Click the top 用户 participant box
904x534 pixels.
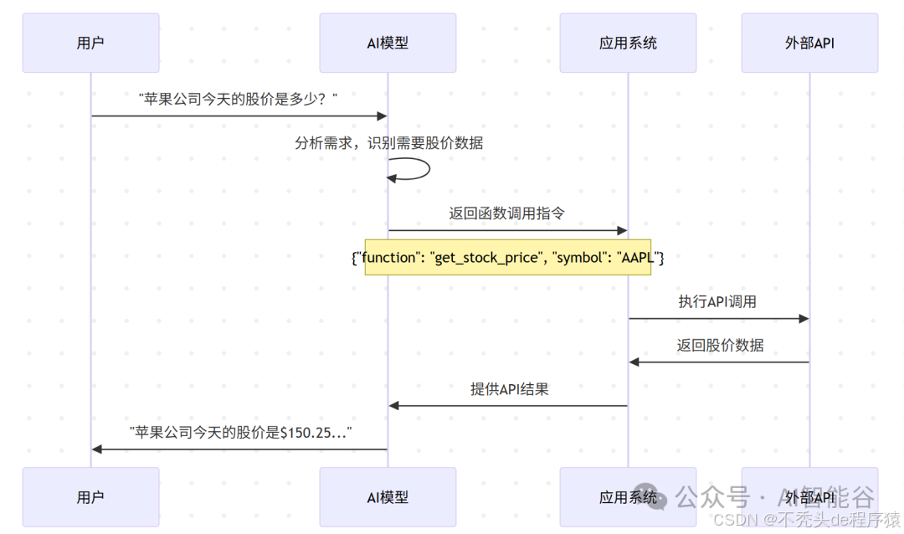pyautogui.click(x=90, y=43)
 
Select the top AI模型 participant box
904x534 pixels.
pyautogui.click(x=388, y=43)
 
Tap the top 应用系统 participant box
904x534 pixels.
pyautogui.click(x=628, y=43)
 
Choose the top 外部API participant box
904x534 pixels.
pyautogui.click(x=809, y=43)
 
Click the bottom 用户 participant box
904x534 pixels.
pyautogui.click(x=90, y=497)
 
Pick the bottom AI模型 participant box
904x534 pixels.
pyautogui.click(x=388, y=497)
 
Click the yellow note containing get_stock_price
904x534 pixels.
pyautogui.click(x=507, y=258)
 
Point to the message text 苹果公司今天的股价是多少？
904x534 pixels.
pyautogui.click(x=239, y=99)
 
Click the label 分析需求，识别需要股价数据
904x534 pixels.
pyautogui.click(x=388, y=143)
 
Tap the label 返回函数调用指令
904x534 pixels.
pyautogui.click(x=506, y=213)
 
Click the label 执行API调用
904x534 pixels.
pyautogui.click(x=717, y=301)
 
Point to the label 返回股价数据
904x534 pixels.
pyautogui.click(x=720, y=345)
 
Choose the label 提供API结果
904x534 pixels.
pyautogui.click(x=509, y=389)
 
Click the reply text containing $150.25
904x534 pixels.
pyautogui.click(x=240, y=433)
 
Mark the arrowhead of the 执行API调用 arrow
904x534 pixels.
pyautogui.click(x=804, y=318)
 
